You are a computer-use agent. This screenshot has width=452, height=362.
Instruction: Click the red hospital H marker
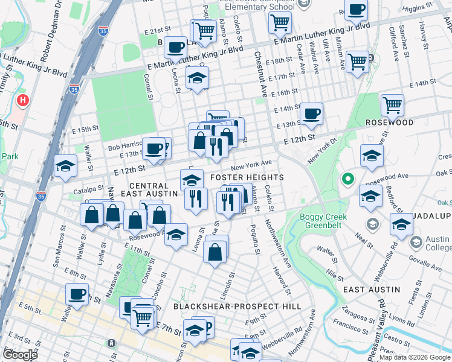(23, 100)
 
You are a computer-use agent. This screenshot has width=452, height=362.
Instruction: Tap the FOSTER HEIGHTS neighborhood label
(247, 177)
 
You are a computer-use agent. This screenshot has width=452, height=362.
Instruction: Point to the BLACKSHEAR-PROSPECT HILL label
(237, 306)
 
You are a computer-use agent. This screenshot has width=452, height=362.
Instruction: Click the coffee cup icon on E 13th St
(311, 113)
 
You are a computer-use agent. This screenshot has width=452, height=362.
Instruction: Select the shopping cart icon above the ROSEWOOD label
(392, 105)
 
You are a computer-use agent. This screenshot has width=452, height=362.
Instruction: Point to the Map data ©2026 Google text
(414, 357)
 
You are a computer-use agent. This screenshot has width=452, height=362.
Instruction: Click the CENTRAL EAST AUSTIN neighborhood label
(149, 189)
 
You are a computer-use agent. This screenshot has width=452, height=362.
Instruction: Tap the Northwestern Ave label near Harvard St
(283, 250)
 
